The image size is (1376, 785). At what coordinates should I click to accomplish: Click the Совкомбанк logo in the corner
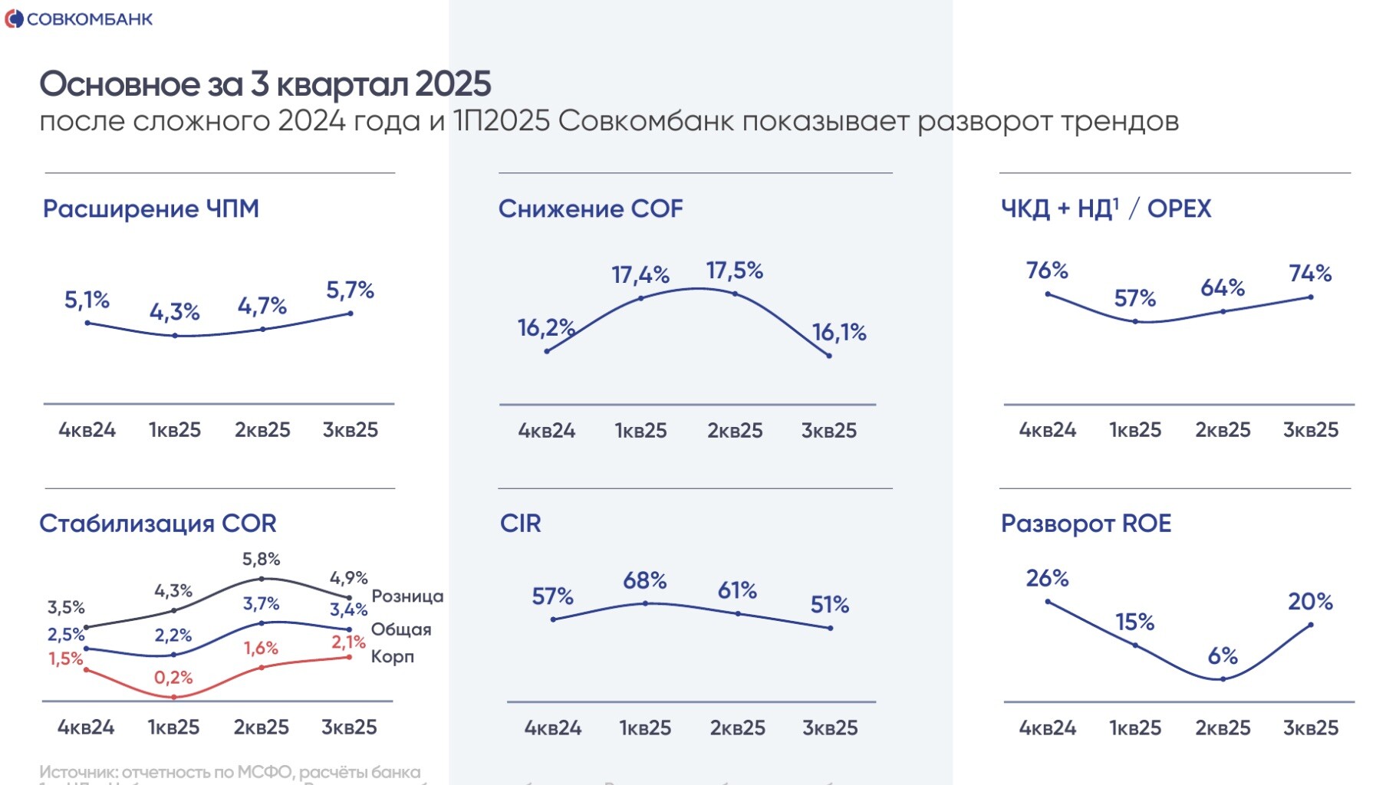pos(78,19)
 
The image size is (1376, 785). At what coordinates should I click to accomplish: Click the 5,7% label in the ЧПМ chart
pos(350,291)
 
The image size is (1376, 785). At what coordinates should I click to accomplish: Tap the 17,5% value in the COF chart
pos(735,271)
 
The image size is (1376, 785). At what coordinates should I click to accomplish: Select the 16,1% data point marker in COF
pos(829,356)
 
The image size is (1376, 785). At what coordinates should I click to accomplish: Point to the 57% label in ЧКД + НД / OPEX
pos(1135,298)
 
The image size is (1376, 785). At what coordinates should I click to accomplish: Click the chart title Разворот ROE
pos(1086,524)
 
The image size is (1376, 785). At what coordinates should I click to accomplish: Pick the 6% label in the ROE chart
pos(1223,656)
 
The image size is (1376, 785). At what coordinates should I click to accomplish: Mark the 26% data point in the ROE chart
pos(1048,602)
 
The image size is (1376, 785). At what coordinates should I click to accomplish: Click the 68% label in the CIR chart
pos(644,581)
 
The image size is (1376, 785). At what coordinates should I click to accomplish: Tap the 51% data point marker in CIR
pos(831,629)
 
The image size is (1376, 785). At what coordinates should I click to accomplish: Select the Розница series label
pos(407,596)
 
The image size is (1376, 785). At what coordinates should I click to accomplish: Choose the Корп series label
pos(393,657)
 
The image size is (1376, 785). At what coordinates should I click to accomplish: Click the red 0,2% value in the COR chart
pos(173,678)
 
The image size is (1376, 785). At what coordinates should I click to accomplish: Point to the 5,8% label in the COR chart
pos(262,560)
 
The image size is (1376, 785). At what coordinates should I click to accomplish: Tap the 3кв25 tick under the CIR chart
pos(830,728)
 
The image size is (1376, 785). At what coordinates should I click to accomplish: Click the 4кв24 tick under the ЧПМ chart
pos(87,430)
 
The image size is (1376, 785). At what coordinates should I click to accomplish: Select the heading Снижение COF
pos(591,209)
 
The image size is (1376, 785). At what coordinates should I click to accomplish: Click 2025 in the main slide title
pos(453,84)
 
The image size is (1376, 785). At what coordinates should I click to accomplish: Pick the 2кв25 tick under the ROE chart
pos(1223,728)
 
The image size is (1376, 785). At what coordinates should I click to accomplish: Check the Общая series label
pos(401,629)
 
